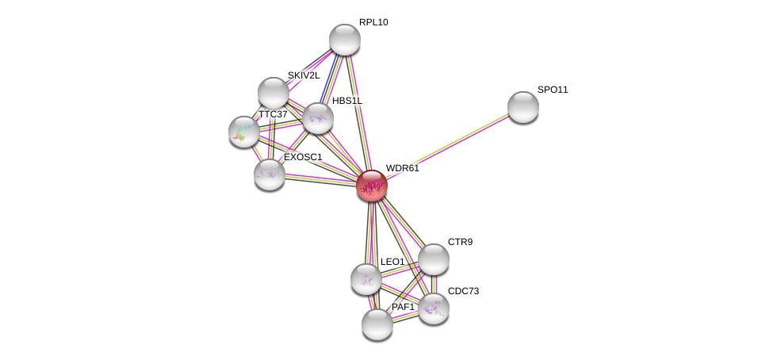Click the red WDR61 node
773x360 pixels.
tap(371, 186)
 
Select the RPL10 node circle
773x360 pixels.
tap(344, 40)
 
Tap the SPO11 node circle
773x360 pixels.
tap(522, 107)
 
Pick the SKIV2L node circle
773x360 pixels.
tap(273, 93)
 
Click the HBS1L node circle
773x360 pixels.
tap(317, 118)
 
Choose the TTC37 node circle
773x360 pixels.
tap(243, 132)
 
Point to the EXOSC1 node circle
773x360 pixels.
tap(269, 174)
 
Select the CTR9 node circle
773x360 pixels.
tap(433, 259)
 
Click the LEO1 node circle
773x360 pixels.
tap(365, 278)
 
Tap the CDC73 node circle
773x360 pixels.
tap(433, 308)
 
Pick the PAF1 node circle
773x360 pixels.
tap(377, 324)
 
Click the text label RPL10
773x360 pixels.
tap(373, 22)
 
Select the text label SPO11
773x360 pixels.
tap(553, 90)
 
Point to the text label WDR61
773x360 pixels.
tap(402, 168)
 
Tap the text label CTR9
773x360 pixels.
tap(460, 242)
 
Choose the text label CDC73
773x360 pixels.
tap(463, 291)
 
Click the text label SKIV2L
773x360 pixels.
tap(303, 75)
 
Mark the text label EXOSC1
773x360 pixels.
tap(303, 157)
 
